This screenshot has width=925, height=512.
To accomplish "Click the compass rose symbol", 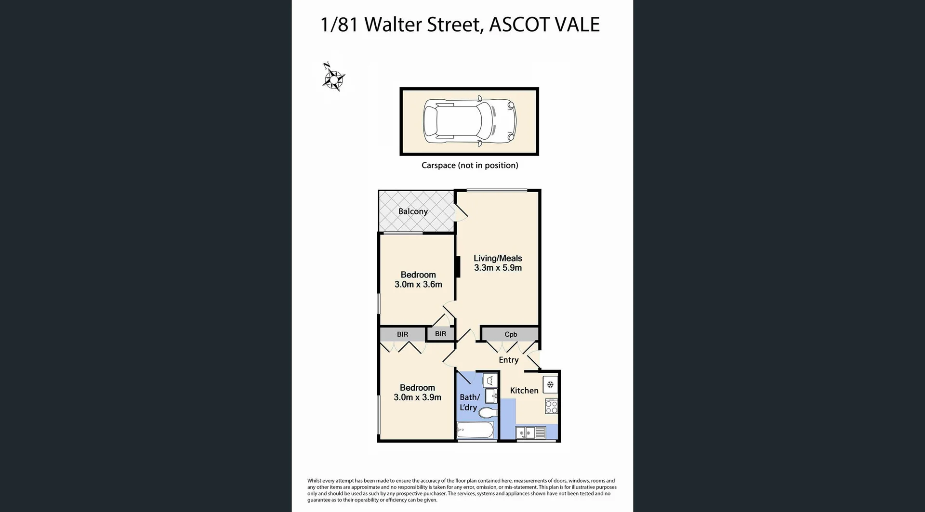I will coord(333,78).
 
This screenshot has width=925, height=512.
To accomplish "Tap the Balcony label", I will coord(413,211).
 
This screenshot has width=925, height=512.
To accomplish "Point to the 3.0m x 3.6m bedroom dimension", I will coord(418,285).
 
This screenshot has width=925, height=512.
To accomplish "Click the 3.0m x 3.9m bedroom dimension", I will coord(417,397).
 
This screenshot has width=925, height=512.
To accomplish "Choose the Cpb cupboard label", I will coord(511,334).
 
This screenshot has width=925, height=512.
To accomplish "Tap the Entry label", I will coord(508,360).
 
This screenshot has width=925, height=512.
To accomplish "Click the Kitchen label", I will coord(524,391).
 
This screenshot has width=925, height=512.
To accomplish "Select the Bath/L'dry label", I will coord(469,402).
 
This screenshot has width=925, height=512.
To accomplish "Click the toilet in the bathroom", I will coord(487,413).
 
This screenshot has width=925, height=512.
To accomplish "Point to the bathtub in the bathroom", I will coord(475,430).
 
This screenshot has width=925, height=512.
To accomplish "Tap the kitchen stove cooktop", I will coord(551,407).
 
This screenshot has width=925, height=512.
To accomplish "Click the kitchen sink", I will coord(525,433).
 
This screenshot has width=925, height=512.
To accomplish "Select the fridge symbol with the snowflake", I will coord(550,384).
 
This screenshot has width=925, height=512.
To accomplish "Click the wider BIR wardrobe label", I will coord(402,334).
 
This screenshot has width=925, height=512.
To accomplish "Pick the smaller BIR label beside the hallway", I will coord(440,334).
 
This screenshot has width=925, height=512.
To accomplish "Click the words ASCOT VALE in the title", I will coord(544,25).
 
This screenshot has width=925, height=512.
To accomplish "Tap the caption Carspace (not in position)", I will coord(470,165).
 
